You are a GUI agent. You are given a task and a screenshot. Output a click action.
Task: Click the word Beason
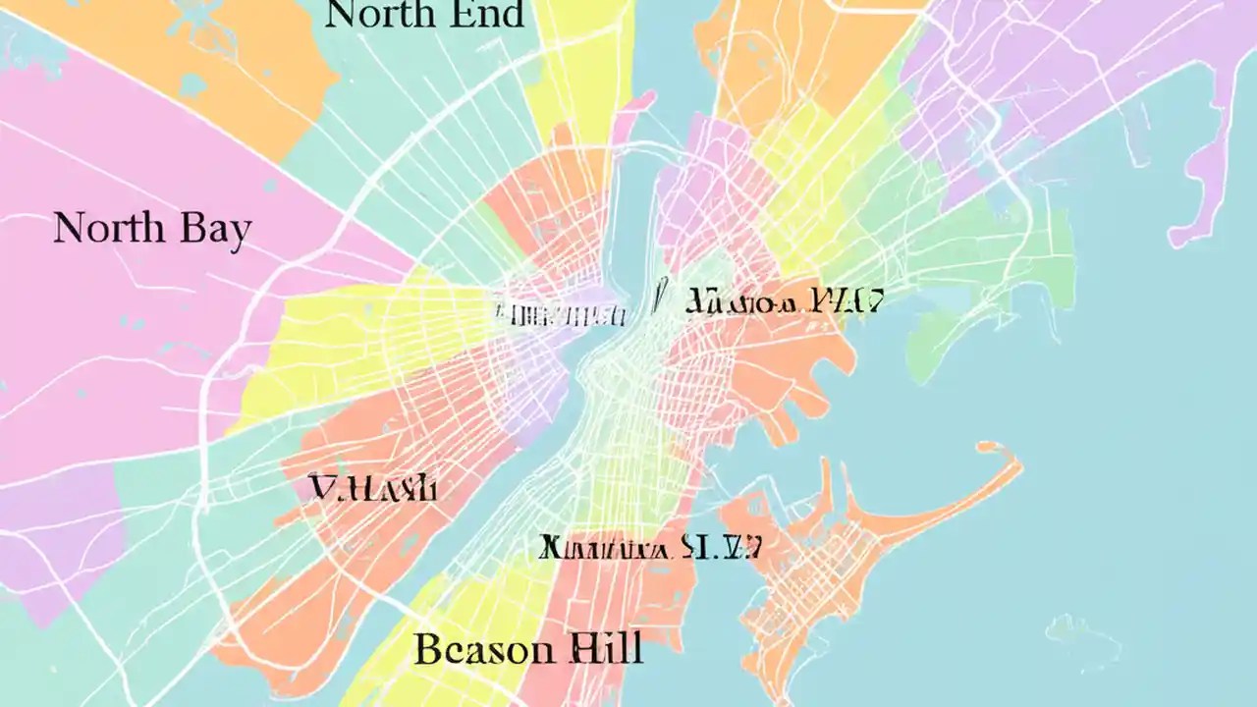click(x=472, y=650)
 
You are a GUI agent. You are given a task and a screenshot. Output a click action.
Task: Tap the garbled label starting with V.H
click(x=373, y=487)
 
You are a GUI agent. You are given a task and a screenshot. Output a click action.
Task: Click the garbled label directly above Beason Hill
click(x=650, y=547)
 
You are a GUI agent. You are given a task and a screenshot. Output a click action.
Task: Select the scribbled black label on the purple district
click(x=561, y=314)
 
